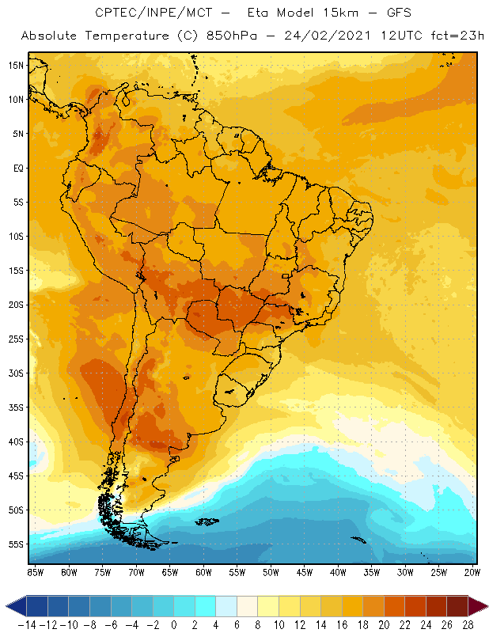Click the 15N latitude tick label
16,65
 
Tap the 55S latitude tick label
16,544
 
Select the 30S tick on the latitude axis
16,373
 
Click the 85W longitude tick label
36,572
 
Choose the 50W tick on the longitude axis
271,572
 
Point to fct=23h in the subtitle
451,36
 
